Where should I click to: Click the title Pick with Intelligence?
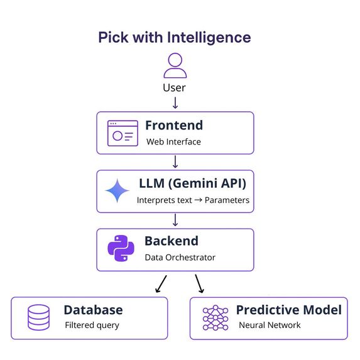click(x=175, y=37)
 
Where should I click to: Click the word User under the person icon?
click(x=175, y=88)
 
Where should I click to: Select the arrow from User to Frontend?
click(x=175, y=102)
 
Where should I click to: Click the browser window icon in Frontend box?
click(x=123, y=133)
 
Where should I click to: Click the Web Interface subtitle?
click(x=173, y=142)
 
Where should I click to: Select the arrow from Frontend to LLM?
click(x=175, y=161)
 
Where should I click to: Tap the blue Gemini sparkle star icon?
click(x=117, y=191)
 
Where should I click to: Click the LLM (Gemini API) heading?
click(x=192, y=184)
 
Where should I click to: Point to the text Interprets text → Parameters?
click(x=193, y=200)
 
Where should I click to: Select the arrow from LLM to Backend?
click(x=175, y=220)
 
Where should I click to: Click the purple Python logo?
click(x=121, y=249)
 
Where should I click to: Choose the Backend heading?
click(x=172, y=241)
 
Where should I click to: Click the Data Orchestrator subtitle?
click(x=180, y=258)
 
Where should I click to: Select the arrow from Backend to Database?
click(x=160, y=284)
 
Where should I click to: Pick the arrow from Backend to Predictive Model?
click(x=200, y=284)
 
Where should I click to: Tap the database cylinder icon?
click(x=38, y=318)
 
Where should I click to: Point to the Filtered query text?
click(x=92, y=325)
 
